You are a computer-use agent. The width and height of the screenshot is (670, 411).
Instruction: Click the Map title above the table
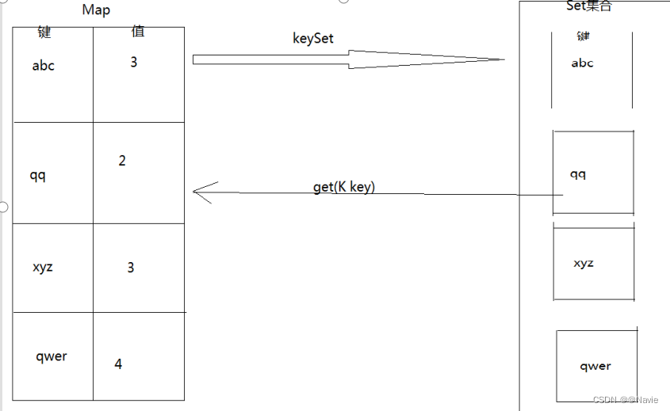click(96, 10)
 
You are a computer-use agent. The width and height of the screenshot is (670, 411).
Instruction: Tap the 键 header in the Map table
click(44, 32)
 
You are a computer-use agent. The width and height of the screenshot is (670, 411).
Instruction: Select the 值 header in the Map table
click(138, 32)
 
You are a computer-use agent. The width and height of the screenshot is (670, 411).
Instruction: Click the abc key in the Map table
click(44, 66)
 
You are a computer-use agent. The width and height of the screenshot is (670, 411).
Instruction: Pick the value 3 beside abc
click(134, 62)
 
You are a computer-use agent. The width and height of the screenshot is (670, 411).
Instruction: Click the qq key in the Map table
click(37, 175)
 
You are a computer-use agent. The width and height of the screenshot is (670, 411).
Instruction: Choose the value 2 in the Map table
click(122, 161)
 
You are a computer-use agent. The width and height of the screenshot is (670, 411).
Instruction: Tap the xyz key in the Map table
click(43, 267)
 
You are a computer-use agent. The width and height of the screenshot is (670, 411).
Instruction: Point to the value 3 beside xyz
click(131, 268)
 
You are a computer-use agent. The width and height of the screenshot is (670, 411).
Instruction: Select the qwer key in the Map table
click(52, 356)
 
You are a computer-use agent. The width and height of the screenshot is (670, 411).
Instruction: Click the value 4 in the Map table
click(118, 364)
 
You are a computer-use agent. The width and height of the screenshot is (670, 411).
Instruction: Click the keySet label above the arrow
click(313, 39)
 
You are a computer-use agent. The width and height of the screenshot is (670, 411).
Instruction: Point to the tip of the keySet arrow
click(503, 59)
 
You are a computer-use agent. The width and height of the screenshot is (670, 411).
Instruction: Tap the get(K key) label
click(344, 187)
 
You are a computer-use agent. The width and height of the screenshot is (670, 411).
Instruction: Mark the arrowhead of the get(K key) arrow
click(195, 191)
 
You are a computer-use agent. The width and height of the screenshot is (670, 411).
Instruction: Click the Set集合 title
click(588, 6)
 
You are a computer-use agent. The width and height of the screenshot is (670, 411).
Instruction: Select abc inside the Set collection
click(582, 63)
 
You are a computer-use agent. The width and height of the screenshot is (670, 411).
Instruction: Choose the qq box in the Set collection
click(593, 173)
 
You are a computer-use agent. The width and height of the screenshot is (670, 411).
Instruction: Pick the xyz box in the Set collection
click(594, 264)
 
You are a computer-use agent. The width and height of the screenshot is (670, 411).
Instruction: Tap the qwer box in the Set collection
click(596, 366)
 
